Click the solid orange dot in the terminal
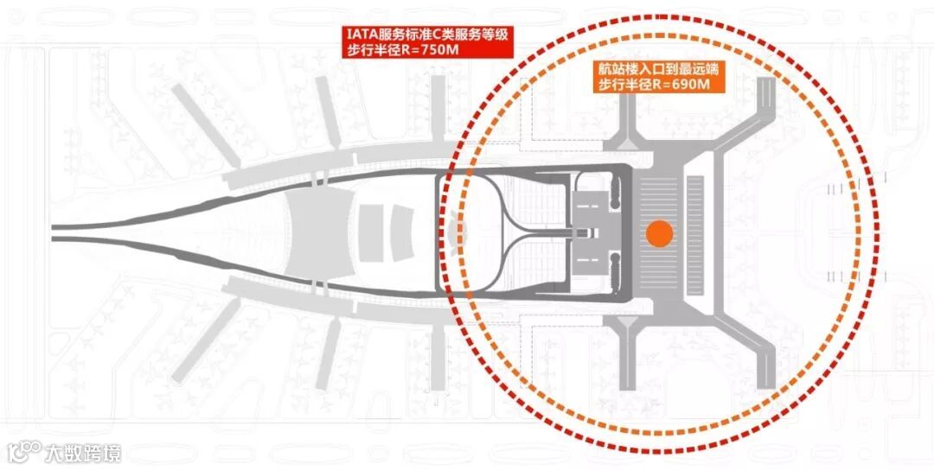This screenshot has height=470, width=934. click(659, 234)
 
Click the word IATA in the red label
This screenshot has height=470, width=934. click(361, 34)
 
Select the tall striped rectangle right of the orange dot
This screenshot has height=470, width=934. click(696, 234)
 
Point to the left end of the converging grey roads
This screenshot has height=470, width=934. click(57, 230)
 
